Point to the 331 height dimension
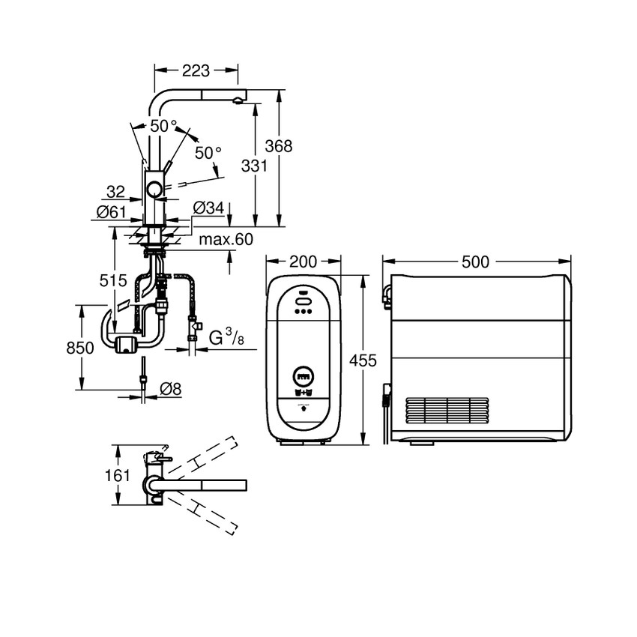[255, 166]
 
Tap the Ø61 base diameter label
[111, 212]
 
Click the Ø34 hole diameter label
[208, 207]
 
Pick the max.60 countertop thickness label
[226, 240]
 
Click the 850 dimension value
[80, 348]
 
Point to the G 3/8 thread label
[226, 338]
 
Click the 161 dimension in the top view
[118, 475]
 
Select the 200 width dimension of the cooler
[304, 262]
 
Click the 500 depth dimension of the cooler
[475, 262]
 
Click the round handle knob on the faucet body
[154, 189]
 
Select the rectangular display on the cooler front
[304, 376]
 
